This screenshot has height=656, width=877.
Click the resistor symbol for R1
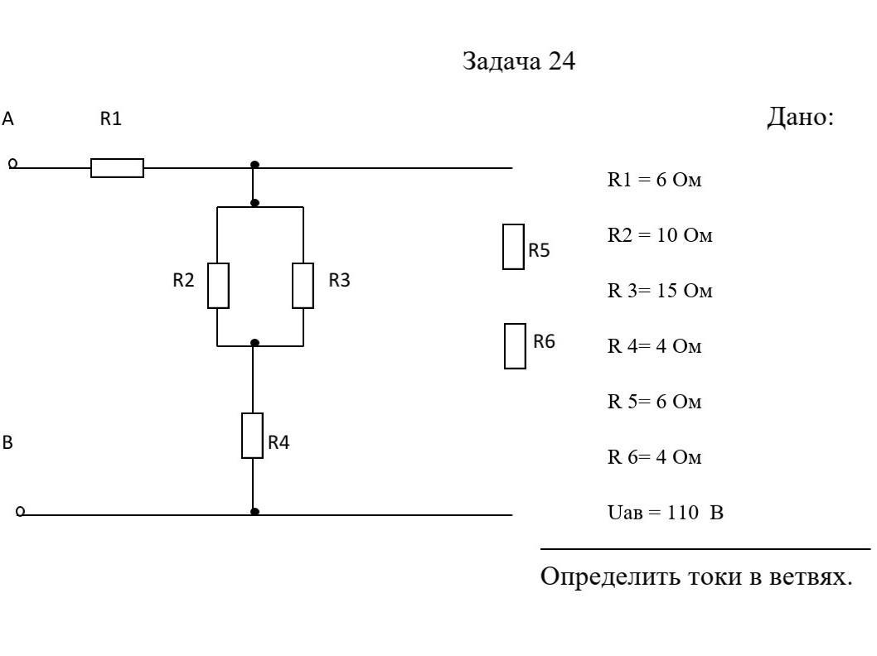point(117,168)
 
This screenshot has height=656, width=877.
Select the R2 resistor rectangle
point(218,286)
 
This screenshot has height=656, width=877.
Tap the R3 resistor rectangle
point(303,286)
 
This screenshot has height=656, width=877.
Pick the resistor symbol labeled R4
point(252,436)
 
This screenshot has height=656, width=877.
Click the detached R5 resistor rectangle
point(513,247)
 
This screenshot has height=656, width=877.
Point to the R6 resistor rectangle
point(515,346)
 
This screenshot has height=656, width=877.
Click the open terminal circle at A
point(12,164)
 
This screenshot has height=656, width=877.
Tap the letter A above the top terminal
point(8,119)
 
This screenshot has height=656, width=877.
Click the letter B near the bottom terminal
point(7,443)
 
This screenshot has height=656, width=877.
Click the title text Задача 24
point(518,62)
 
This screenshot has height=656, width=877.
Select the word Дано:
point(799,118)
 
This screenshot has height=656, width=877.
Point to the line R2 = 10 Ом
point(660,236)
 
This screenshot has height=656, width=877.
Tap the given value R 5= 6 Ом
point(654,403)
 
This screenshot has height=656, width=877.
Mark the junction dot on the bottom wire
point(254,512)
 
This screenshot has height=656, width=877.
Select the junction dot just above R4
point(254,342)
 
